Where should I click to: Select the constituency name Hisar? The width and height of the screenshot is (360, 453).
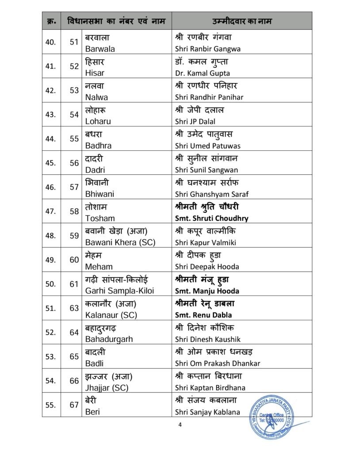click(x=94, y=73)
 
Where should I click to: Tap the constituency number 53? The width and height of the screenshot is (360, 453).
click(x=74, y=91)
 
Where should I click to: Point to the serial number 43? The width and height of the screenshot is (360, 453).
click(x=51, y=115)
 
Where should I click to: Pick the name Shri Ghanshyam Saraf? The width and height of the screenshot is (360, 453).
click(x=211, y=194)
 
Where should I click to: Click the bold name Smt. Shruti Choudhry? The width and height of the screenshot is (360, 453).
click(x=211, y=218)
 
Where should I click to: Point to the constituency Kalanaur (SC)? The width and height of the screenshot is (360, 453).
click(x=111, y=315)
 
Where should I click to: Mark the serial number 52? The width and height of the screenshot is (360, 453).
click(x=51, y=332)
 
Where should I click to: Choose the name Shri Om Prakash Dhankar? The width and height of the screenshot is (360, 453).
click(x=217, y=363)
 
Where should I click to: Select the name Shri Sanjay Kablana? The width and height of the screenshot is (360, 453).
click(x=207, y=412)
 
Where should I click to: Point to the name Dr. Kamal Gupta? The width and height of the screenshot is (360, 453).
click(x=202, y=73)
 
